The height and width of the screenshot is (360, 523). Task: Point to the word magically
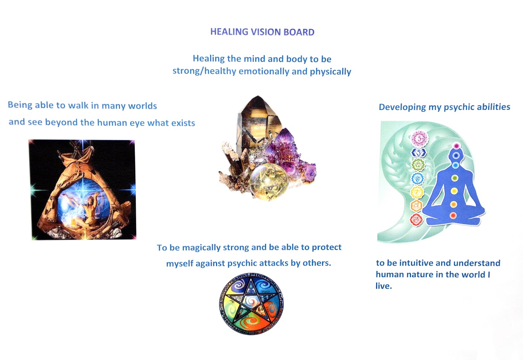(x=201, y=248)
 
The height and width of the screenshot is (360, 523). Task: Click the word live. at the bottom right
(x=383, y=286)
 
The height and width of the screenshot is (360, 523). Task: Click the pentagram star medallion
(x=251, y=303)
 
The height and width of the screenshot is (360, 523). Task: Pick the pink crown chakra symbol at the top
(x=419, y=139)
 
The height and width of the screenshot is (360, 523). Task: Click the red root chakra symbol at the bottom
(x=416, y=220)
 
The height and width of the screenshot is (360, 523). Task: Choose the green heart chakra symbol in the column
(x=418, y=165)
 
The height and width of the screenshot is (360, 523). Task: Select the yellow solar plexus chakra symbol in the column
(x=417, y=192)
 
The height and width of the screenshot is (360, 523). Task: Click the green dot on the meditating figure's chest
(x=454, y=178)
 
